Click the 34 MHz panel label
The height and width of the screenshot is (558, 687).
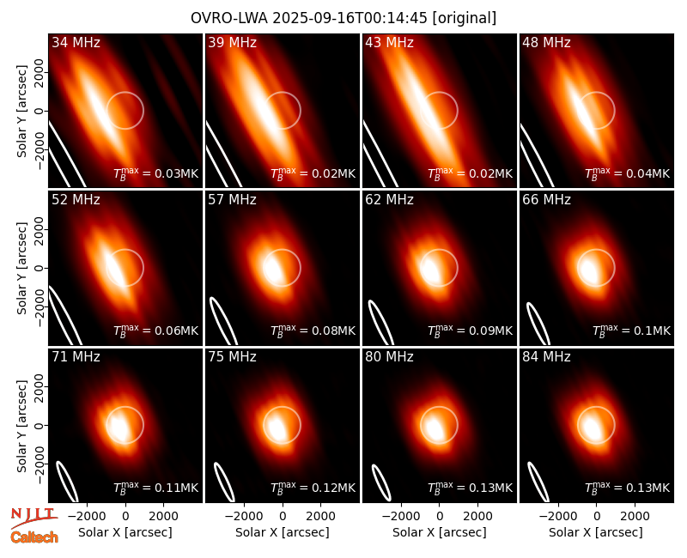(76, 42)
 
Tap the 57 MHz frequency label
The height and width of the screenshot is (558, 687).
(232, 200)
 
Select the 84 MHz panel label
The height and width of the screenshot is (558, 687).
(546, 357)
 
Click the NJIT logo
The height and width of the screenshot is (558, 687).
(33, 517)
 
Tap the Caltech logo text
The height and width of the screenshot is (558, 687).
(34, 537)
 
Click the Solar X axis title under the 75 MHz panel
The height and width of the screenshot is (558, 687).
(283, 532)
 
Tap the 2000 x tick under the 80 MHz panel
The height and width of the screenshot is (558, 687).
(478, 516)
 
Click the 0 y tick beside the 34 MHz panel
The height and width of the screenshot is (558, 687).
(40, 111)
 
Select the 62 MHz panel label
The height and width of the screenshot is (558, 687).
(389, 200)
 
